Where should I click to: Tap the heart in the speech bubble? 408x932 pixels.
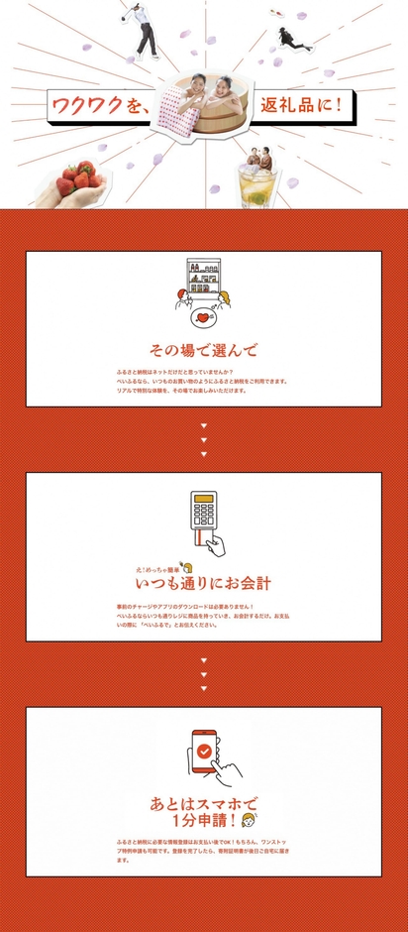(203, 318)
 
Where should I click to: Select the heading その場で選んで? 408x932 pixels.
(203, 350)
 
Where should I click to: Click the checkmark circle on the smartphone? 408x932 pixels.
(203, 751)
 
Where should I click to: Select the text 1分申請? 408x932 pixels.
(203, 822)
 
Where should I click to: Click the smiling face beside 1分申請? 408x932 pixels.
(249, 822)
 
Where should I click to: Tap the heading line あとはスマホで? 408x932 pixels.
(203, 801)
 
